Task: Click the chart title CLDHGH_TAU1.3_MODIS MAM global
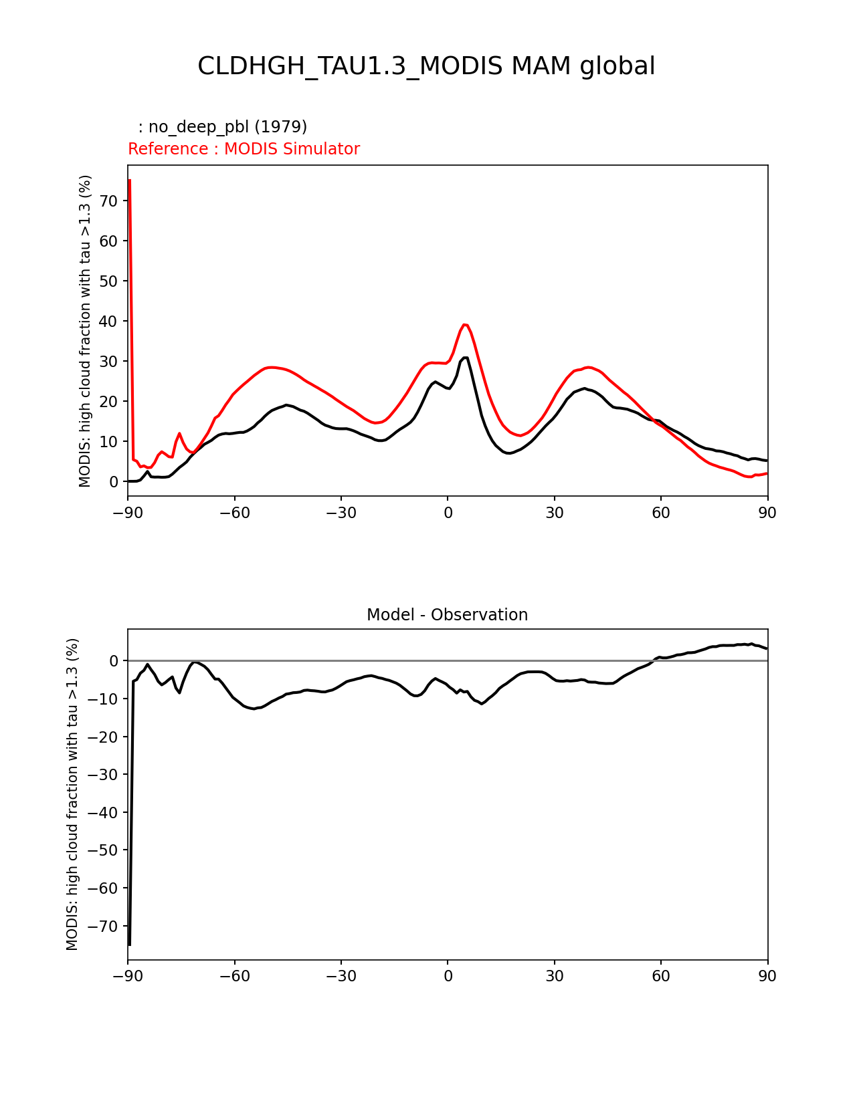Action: tap(426, 66)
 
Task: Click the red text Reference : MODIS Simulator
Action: tap(244, 149)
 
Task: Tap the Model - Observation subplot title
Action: tap(447, 615)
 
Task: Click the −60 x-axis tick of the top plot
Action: tap(234, 513)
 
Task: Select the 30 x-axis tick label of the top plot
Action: tap(554, 513)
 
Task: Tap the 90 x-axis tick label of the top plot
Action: tap(767, 513)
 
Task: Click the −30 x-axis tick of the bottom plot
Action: tap(341, 977)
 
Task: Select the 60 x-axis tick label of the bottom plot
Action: tap(660, 977)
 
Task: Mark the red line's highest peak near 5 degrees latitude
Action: tap(465, 325)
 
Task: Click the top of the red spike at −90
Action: tap(129, 180)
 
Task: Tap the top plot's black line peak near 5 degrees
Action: tap(466, 358)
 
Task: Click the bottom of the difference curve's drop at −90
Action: tap(129, 945)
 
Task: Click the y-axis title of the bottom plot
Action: tap(72, 794)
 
